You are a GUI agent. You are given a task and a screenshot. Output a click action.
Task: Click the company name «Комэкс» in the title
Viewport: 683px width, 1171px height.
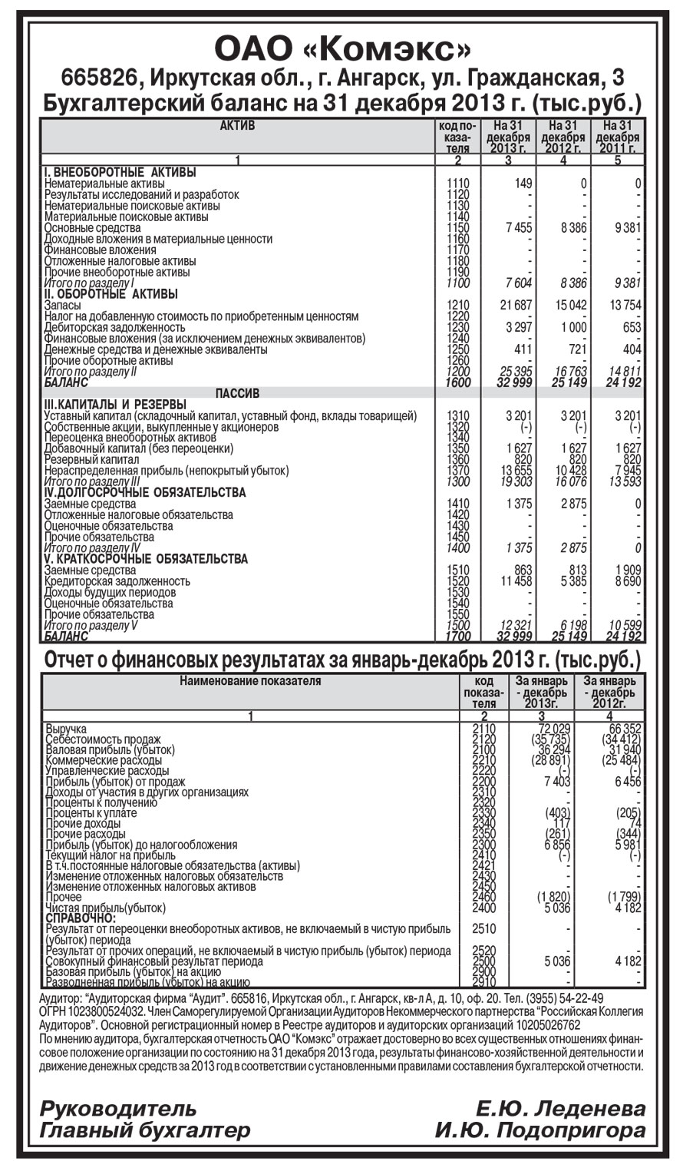pyautogui.click(x=394, y=49)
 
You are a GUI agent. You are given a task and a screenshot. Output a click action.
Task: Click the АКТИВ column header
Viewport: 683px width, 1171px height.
pyautogui.click(x=237, y=125)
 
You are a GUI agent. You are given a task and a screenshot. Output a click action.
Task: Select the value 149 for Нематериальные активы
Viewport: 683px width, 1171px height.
pyautogui.click(x=523, y=184)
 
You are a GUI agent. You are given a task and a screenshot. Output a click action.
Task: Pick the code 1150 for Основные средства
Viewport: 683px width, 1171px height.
pyautogui.click(x=457, y=228)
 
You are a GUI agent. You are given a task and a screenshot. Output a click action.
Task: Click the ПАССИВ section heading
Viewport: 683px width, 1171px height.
pyautogui.click(x=237, y=393)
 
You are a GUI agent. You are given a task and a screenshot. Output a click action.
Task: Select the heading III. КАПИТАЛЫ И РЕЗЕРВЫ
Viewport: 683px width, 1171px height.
pyautogui.click(x=115, y=405)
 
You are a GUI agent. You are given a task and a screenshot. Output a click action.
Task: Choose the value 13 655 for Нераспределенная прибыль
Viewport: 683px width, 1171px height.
pyautogui.click(x=516, y=470)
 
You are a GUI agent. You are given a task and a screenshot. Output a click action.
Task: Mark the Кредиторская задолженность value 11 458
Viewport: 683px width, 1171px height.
pyautogui.click(x=516, y=581)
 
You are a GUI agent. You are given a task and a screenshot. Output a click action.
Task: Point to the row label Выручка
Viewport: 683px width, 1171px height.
pyautogui.click(x=66, y=728)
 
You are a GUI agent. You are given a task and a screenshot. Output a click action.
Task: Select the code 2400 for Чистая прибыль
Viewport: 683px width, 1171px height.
pyautogui.click(x=485, y=908)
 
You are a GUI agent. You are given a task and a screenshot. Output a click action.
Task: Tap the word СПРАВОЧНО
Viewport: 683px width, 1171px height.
pyautogui.click(x=81, y=918)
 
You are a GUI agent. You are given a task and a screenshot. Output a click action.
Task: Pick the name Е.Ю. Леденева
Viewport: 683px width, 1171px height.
pyautogui.click(x=560, y=1109)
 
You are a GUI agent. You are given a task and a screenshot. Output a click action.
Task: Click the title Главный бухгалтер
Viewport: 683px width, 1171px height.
pyautogui.click(x=145, y=1130)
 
